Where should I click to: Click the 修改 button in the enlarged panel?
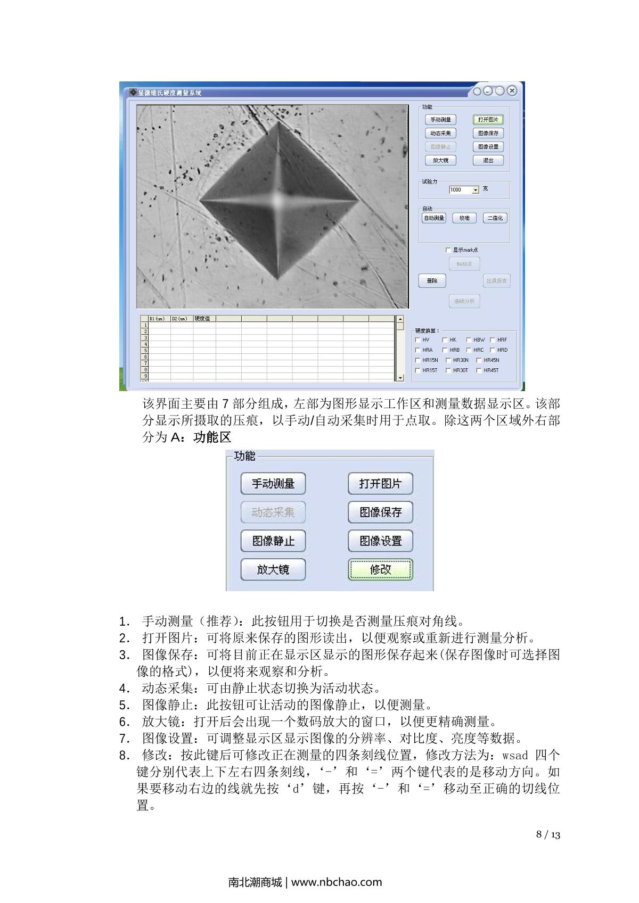(380, 569)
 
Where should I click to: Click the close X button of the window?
(512, 91)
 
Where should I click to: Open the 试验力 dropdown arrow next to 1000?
(476, 190)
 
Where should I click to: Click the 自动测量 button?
(434, 218)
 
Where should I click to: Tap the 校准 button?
(464, 218)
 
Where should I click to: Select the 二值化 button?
(495, 218)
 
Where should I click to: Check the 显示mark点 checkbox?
(448, 250)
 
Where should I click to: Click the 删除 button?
(432, 281)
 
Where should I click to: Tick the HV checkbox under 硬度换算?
(418, 339)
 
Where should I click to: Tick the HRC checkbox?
(469, 350)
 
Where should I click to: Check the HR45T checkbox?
(479, 370)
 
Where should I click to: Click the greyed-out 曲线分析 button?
(464, 301)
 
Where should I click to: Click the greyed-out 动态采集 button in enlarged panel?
(273, 512)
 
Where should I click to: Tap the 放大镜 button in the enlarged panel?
(273, 569)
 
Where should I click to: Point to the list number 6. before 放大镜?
(125, 722)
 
